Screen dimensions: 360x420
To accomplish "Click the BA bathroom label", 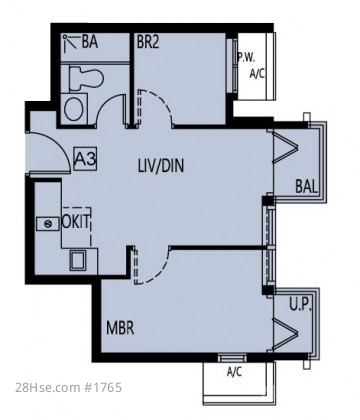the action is click(x=90, y=42).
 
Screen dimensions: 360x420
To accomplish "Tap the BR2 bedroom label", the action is click(x=148, y=42).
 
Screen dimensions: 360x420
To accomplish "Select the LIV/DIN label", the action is click(x=161, y=165).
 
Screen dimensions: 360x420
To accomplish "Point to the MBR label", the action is click(x=120, y=328).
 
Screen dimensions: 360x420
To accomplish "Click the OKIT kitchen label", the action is click(x=76, y=222).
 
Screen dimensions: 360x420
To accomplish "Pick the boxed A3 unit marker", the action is click(x=85, y=159).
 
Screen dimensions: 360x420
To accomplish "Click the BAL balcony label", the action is click(x=306, y=186).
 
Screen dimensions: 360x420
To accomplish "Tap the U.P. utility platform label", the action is click(x=300, y=305).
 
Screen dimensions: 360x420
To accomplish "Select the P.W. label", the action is click(x=246, y=57).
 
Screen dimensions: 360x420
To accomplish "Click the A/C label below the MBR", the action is click(x=234, y=372).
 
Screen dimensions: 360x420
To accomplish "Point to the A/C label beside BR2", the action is click(x=257, y=73).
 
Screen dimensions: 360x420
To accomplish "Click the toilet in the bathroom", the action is click(x=86, y=78).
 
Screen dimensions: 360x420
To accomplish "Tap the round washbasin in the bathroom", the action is click(x=75, y=108).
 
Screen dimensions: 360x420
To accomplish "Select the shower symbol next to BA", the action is click(x=70, y=42).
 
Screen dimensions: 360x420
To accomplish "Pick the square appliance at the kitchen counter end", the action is click(x=77, y=260).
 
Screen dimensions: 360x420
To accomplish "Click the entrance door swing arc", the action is click(x=58, y=143).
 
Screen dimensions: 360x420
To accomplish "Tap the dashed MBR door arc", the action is click(x=160, y=272).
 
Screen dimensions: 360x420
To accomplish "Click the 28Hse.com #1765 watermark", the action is click(x=69, y=388).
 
